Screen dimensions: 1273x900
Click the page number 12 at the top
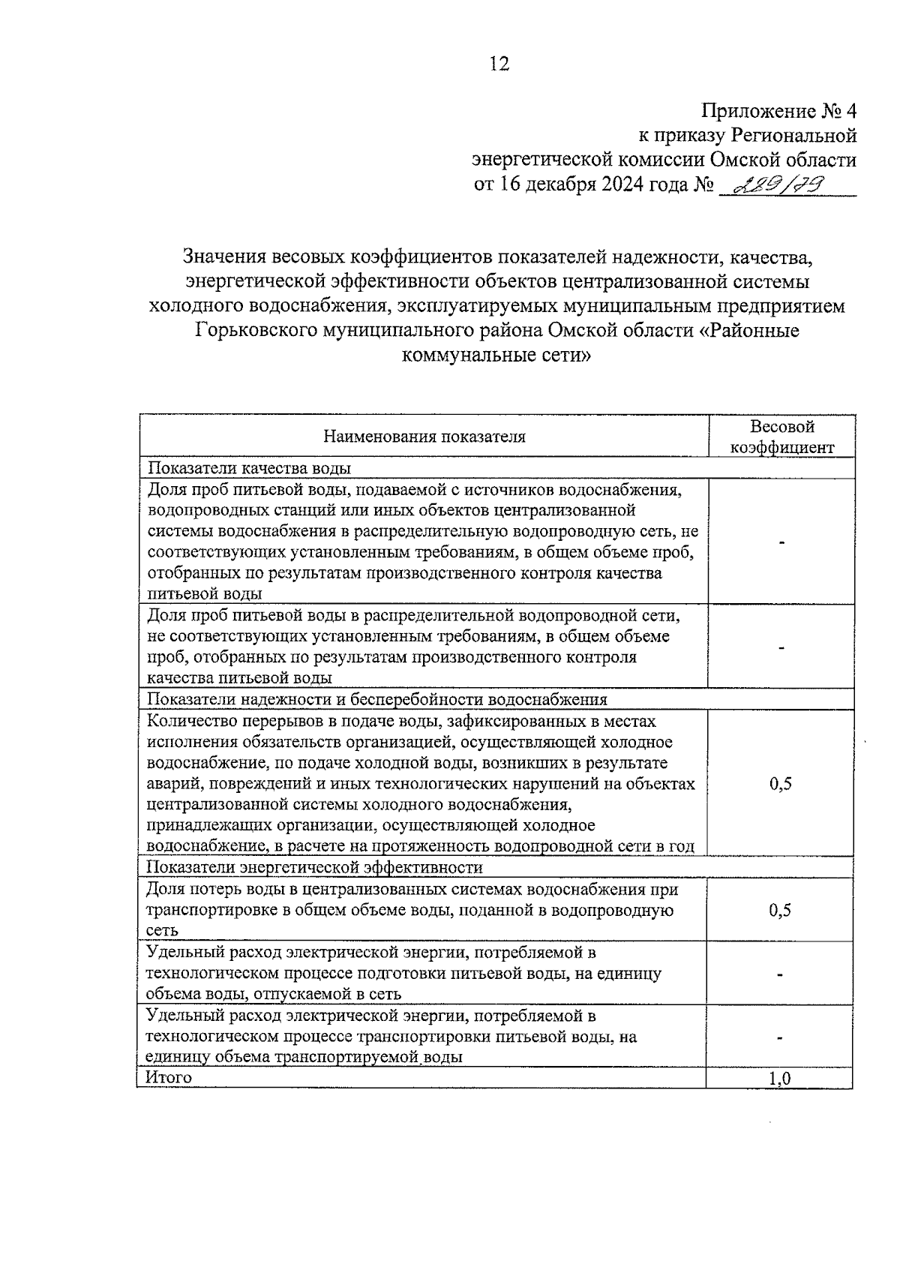(499, 64)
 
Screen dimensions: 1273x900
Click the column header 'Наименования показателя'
(424, 437)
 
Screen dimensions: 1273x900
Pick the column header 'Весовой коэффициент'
(782, 437)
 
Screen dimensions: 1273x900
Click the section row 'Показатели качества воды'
(250, 468)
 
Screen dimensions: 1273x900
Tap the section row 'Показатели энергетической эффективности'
(315, 867)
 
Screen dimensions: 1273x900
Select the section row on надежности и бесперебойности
(376, 699)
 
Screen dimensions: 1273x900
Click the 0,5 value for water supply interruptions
(781, 785)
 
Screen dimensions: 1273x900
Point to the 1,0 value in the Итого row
(780, 1079)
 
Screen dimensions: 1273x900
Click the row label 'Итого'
(169, 1077)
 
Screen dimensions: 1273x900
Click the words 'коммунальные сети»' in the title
(496, 355)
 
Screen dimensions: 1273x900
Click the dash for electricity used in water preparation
(781, 974)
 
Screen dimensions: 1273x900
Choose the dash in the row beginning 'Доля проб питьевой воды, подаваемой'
(781, 542)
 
